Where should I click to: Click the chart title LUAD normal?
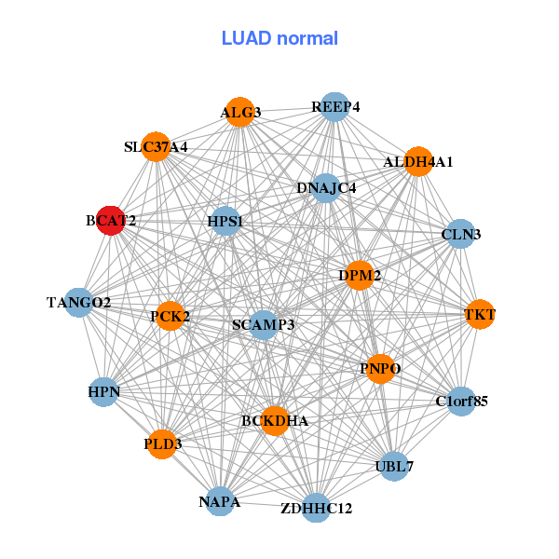point(279,38)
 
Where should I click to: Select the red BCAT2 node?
point(111,221)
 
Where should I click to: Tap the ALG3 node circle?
point(240,112)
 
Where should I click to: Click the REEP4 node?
point(334,107)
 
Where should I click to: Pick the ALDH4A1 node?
point(418,161)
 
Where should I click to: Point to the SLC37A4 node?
point(156,146)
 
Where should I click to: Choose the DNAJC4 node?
point(325,188)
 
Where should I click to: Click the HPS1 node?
point(225,221)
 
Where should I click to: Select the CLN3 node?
point(461,234)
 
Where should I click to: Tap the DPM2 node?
point(360,275)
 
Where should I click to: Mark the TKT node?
point(480,315)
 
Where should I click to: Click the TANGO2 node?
point(79,302)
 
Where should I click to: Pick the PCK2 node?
point(170,317)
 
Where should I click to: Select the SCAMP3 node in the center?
point(264,324)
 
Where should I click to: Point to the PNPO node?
point(380,369)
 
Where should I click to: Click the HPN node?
point(104,391)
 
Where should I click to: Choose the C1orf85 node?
point(461,402)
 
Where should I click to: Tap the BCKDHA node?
point(274,421)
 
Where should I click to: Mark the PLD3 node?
point(163,444)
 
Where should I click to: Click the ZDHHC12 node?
point(316,508)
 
